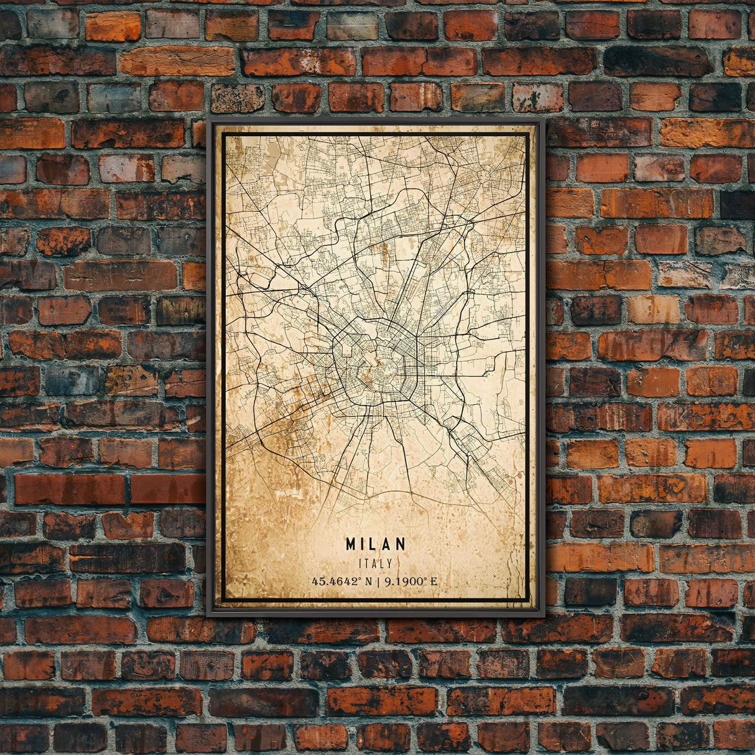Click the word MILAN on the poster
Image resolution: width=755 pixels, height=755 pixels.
coord(376,544)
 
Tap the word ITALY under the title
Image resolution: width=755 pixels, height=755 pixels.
coord(376,563)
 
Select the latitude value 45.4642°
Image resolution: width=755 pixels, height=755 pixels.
coord(336,582)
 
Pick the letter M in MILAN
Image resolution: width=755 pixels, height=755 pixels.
coord(351,544)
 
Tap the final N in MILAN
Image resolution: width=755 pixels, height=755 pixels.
coord(401,544)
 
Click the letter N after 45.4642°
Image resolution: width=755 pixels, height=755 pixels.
coord(369,582)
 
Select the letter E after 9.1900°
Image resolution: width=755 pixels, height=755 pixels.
coord(433,582)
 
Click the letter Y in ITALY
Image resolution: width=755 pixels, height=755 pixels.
coord(390,563)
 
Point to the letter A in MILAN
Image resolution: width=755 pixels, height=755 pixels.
coord(387,544)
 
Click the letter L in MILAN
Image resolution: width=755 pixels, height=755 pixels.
coord(376,544)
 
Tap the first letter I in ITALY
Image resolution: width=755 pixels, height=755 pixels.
coord(361,563)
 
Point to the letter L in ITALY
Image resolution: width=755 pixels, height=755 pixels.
coord(382,563)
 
